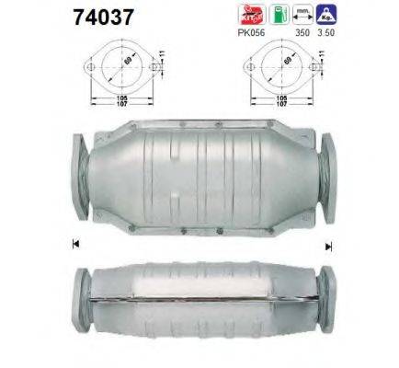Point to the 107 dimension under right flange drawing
click(x=281, y=102)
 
